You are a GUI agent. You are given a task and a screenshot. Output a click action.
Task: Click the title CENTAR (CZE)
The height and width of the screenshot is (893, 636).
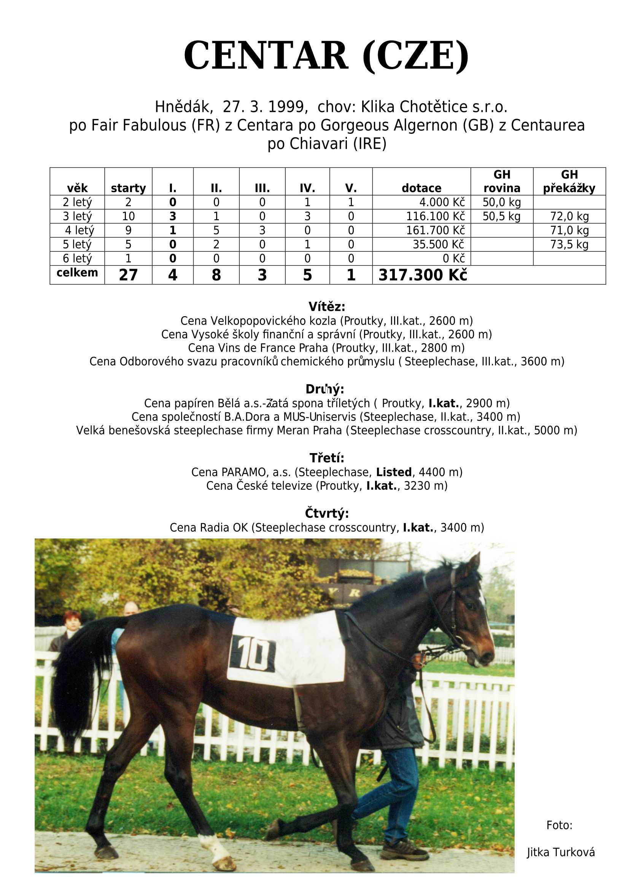(326, 56)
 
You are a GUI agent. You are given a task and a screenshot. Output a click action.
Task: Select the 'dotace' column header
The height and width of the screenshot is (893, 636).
(421, 188)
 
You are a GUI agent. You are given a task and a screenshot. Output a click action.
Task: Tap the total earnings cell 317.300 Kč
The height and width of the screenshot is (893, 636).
(423, 275)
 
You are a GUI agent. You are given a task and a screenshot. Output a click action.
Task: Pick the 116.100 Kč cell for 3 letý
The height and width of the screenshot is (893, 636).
(435, 216)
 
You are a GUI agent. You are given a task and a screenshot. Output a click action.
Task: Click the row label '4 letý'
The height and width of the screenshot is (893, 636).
(79, 230)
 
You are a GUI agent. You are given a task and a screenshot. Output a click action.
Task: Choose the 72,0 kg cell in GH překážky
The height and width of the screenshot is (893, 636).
(569, 216)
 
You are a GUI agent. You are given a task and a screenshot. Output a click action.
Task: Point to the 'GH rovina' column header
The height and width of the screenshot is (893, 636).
(502, 181)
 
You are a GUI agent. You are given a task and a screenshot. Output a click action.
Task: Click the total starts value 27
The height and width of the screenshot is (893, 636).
(128, 275)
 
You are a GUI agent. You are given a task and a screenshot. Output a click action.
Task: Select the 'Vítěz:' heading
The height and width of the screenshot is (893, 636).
(327, 306)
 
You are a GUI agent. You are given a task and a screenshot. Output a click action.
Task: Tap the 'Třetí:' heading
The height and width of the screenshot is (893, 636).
(327, 458)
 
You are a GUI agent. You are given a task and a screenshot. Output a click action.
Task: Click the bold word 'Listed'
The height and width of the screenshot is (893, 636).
(394, 472)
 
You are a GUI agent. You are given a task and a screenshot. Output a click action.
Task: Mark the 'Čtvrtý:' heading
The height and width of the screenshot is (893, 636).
(327, 513)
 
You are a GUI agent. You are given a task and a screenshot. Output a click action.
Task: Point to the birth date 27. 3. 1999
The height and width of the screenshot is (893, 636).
(263, 107)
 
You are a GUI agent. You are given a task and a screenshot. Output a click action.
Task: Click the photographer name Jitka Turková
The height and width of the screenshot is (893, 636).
(560, 852)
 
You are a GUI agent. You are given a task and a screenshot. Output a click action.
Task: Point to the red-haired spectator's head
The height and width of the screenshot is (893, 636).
(72, 619)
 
